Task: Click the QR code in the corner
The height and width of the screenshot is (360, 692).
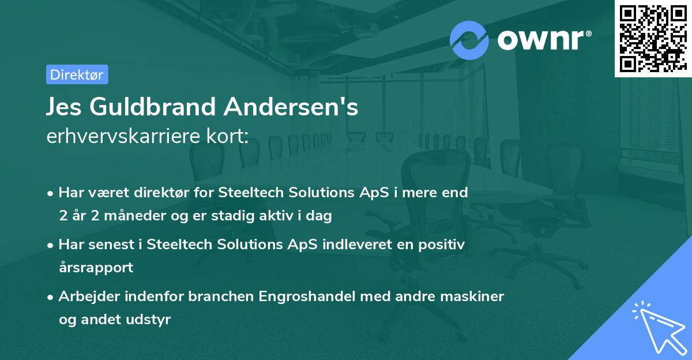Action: click(x=653, y=38)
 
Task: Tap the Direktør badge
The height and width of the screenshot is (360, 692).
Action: click(x=77, y=74)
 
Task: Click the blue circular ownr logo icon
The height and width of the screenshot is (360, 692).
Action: click(x=469, y=40)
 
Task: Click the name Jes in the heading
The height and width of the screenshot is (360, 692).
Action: click(x=65, y=107)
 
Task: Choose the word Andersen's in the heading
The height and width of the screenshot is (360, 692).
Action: click(x=291, y=107)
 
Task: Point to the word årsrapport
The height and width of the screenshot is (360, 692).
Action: click(x=96, y=268)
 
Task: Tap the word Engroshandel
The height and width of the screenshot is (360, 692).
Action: click(x=307, y=297)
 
